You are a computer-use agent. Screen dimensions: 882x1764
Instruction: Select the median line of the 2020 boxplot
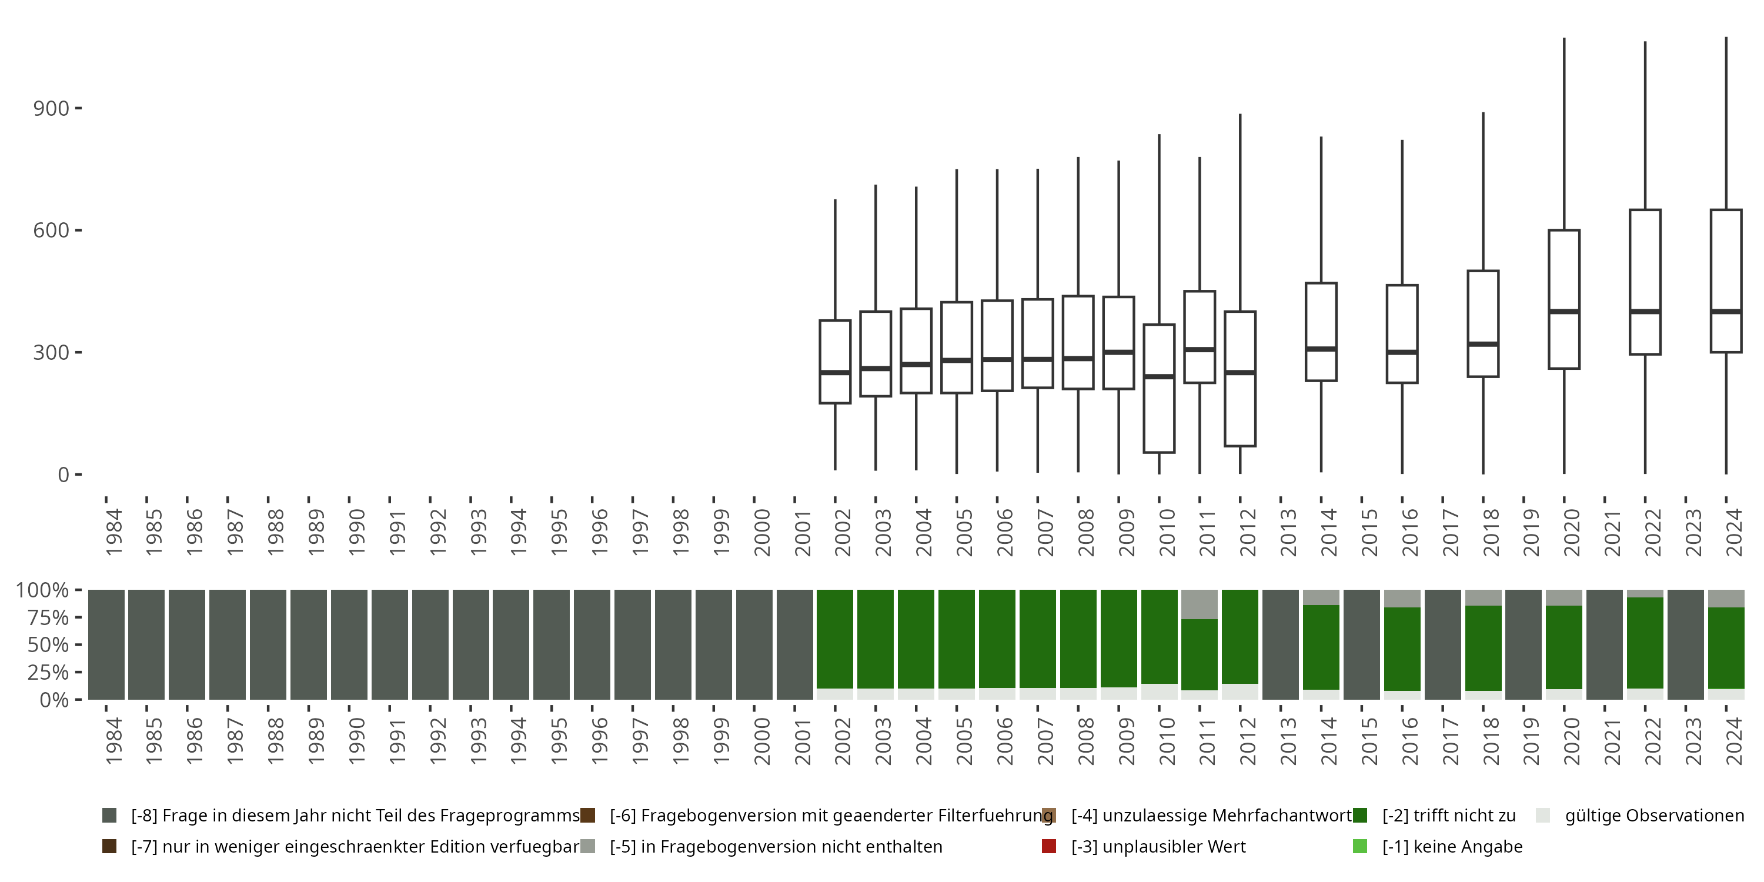tap(1564, 312)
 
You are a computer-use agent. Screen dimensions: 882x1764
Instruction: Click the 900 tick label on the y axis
tap(51, 108)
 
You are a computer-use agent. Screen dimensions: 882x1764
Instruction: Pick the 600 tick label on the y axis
tap(51, 230)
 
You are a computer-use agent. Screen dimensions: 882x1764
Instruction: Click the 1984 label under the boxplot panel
tap(113, 532)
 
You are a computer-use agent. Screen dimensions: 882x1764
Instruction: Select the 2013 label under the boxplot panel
tap(1289, 532)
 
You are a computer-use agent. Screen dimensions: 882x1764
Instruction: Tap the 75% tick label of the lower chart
tap(48, 617)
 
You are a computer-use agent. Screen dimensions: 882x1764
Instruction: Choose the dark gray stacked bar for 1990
tap(349, 644)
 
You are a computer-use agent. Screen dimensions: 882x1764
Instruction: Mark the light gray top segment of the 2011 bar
tap(1200, 604)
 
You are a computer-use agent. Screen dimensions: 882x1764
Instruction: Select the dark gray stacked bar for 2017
tap(1443, 644)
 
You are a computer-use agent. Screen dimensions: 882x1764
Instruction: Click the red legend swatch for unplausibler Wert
tap(1048, 846)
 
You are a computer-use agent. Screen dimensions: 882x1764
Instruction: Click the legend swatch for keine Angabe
tap(1360, 846)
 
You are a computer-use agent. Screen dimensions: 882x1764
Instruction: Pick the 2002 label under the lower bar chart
tap(843, 741)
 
